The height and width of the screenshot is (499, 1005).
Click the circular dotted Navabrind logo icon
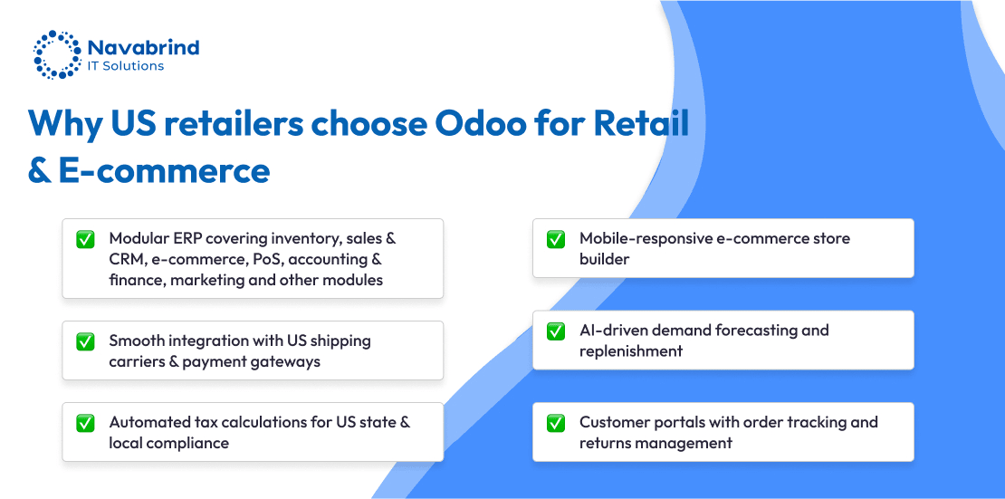57,53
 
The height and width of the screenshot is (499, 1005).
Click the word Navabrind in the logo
143,47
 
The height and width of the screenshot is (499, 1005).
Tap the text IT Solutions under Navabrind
126,66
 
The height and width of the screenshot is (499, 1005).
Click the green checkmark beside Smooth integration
85,341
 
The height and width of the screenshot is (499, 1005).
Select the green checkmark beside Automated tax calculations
85,423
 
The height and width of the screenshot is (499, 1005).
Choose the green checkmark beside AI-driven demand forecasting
556,331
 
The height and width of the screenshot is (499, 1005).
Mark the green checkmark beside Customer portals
556,423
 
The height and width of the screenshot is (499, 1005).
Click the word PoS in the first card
263,259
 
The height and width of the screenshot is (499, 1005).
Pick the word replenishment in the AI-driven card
631,352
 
